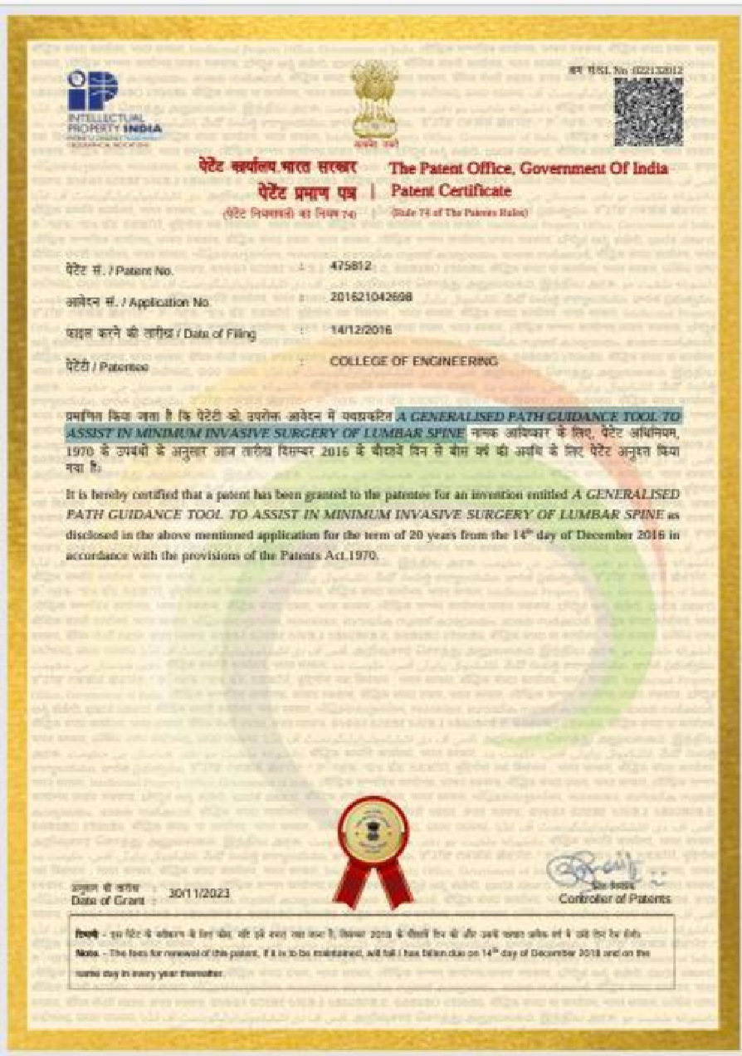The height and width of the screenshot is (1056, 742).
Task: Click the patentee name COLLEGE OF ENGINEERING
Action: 414,362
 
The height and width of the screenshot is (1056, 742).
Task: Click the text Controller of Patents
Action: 614,899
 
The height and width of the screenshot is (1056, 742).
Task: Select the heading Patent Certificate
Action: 451,191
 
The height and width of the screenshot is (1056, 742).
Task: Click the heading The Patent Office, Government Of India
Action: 529,169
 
